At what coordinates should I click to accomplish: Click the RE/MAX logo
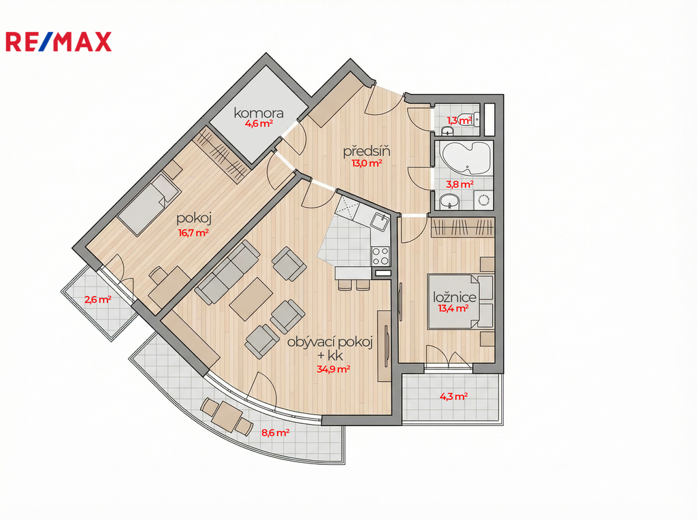[x=59, y=42]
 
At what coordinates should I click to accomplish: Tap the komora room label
[x=259, y=113]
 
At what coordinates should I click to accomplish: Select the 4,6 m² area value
[x=259, y=124]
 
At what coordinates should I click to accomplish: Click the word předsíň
[x=367, y=151]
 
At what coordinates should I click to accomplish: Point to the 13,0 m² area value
[x=367, y=163]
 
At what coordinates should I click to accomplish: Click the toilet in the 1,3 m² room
[x=470, y=118]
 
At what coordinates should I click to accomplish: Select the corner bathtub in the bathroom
[x=466, y=160]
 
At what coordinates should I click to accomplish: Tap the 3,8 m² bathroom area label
[x=459, y=184]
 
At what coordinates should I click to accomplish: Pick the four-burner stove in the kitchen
[x=380, y=256]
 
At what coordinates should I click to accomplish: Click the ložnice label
[x=455, y=297]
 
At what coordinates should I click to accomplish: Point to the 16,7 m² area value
[x=193, y=233]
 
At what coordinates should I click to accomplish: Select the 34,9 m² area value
[x=334, y=369]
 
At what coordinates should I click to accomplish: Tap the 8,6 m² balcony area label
[x=276, y=432]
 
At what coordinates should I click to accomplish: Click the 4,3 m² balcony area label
[x=453, y=396]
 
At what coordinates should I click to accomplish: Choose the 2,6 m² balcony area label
[x=98, y=299]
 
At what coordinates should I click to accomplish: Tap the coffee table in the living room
[x=251, y=299]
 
